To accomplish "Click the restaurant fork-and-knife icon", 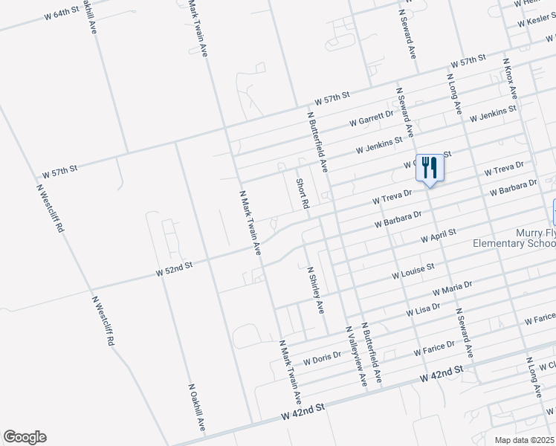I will [x=429, y=167].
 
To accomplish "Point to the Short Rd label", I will [x=302, y=193].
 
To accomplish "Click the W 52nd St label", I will [x=175, y=268].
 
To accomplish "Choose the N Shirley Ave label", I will [x=316, y=289].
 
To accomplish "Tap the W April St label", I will [x=438, y=236].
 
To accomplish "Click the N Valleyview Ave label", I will [x=355, y=355].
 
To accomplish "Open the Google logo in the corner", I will [x=25, y=437].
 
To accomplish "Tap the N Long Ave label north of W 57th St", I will [x=453, y=88].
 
